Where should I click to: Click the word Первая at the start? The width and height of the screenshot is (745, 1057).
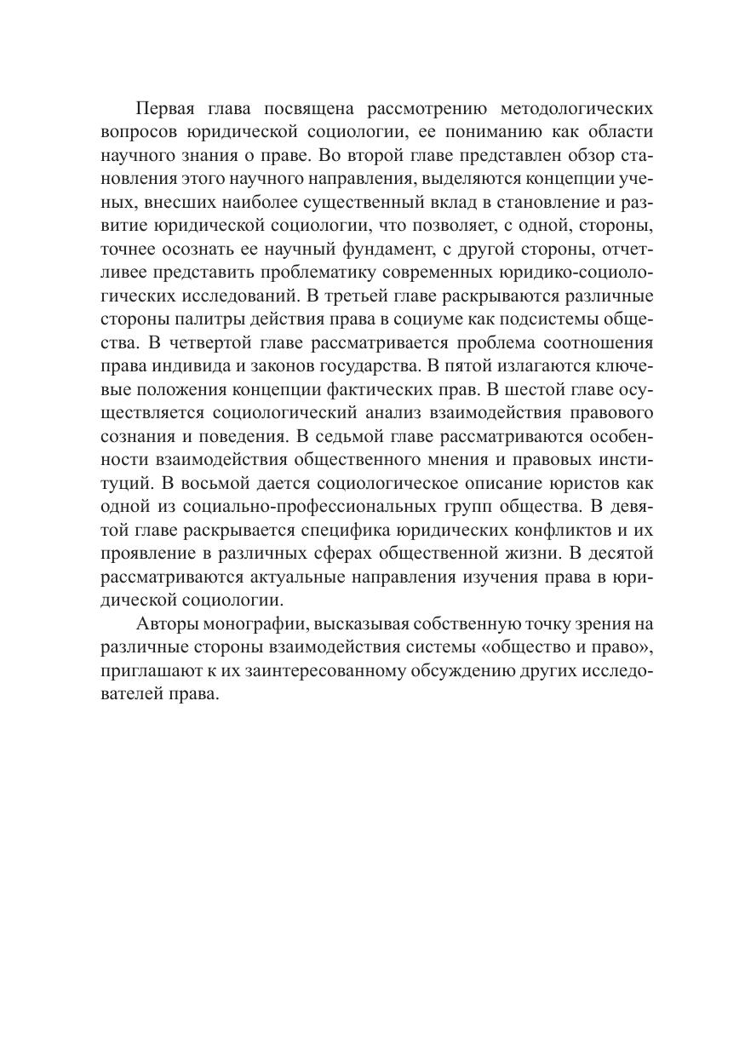[165, 110]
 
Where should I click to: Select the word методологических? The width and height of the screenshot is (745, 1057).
[577, 110]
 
